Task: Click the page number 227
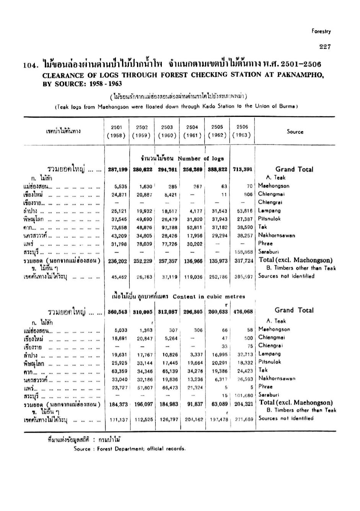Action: (325, 47)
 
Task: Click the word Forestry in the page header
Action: (321, 32)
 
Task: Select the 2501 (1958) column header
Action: (116, 131)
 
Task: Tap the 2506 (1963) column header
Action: (242, 131)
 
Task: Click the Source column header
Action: (295, 132)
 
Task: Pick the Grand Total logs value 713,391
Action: (243, 170)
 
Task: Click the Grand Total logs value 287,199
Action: (117, 170)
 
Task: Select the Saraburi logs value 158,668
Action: (243, 252)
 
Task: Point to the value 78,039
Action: (142, 244)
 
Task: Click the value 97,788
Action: (167, 227)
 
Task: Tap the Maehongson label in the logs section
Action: (274, 186)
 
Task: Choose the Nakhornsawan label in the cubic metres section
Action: (277, 379)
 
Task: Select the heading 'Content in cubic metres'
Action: (209, 297)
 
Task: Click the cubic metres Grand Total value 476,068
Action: (243, 312)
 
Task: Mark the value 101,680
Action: (244, 396)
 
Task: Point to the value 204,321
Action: (243, 404)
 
